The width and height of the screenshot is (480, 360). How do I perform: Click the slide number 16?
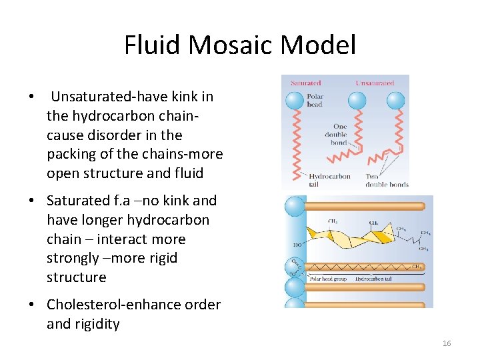click(x=447, y=343)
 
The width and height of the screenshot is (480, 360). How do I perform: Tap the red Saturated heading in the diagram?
click(x=305, y=83)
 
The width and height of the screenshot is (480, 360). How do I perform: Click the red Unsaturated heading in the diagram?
click(x=375, y=83)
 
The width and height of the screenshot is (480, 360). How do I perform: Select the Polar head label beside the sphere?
click(x=315, y=101)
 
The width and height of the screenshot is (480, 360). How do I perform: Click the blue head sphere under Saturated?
click(x=294, y=101)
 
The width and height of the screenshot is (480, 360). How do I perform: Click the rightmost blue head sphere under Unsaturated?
click(x=396, y=100)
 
